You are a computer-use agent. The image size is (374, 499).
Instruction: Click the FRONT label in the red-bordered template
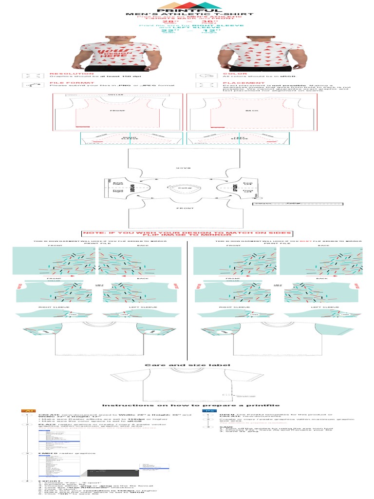(x=117, y=111)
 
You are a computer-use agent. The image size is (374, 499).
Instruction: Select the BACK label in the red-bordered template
(x=251, y=111)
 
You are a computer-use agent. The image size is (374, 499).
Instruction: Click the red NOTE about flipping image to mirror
(x=187, y=234)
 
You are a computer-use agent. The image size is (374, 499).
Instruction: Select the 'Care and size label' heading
(x=187, y=365)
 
